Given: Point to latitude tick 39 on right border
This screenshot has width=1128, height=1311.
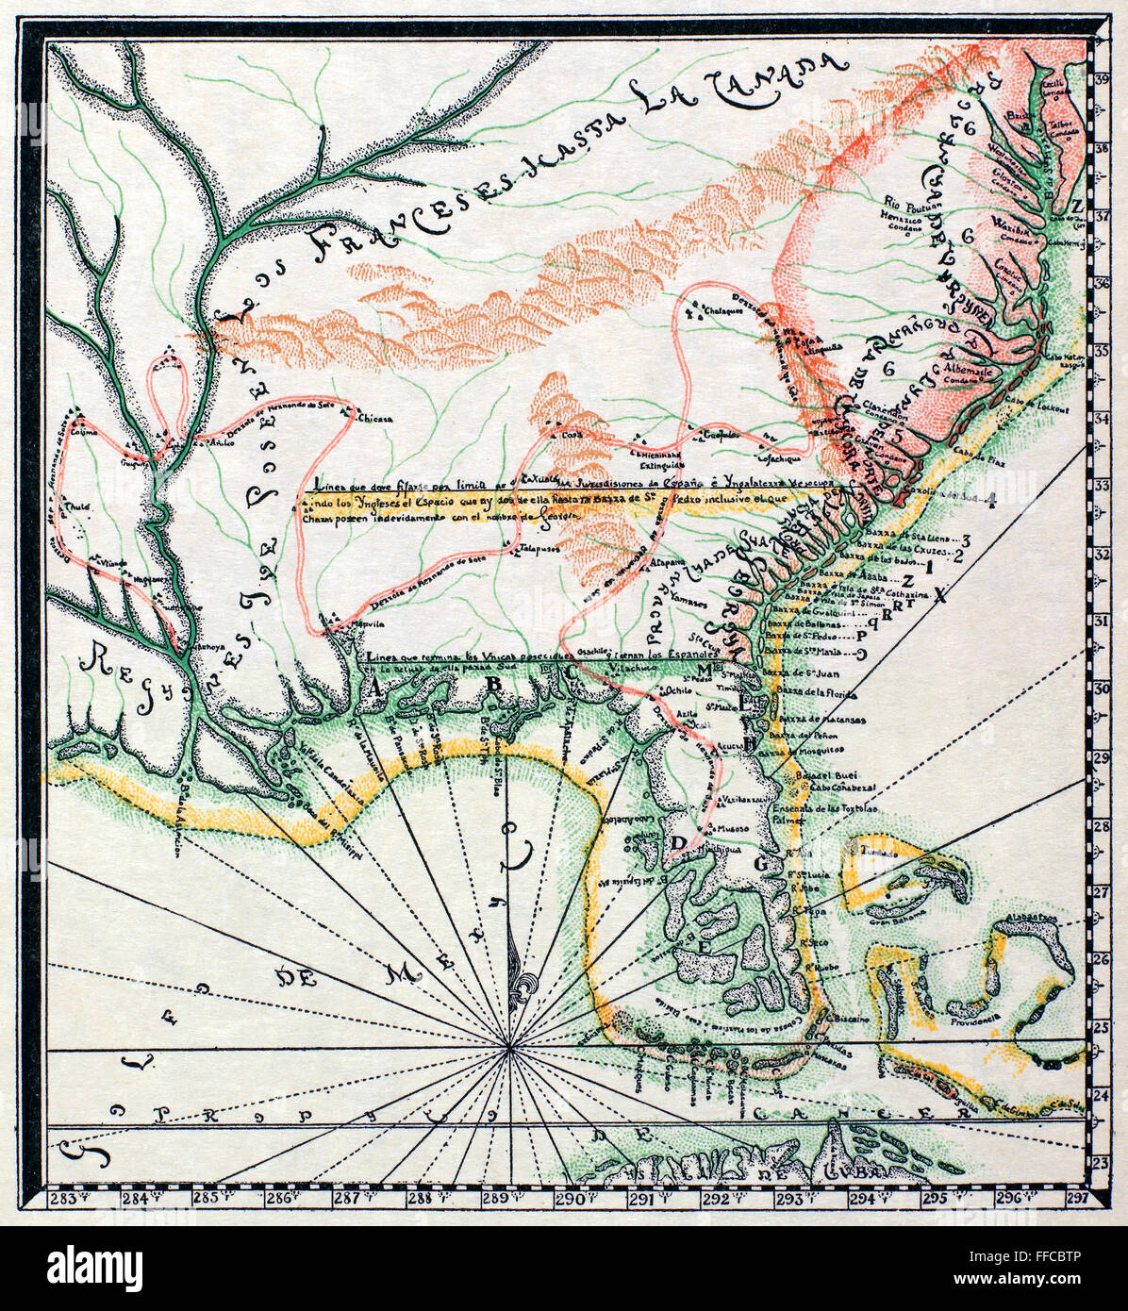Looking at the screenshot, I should (x=1100, y=80).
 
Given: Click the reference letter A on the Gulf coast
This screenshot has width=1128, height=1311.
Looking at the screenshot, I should (x=375, y=689).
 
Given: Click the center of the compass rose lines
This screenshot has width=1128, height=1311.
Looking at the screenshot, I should (x=509, y=1047).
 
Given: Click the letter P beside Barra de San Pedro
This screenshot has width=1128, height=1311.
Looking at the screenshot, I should (x=860, y=637).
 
